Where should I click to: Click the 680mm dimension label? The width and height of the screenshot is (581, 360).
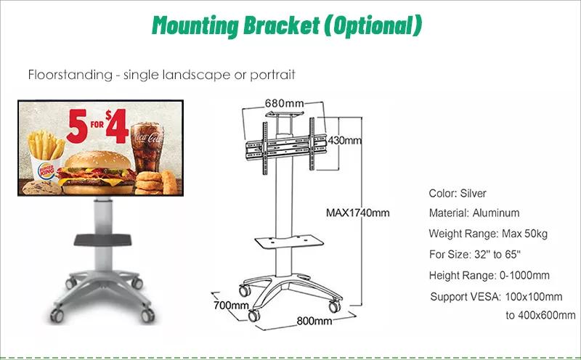coord(284,102)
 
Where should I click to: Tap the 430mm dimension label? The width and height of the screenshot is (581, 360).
coord(344,140)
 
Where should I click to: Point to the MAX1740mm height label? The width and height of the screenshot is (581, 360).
coord(357,213)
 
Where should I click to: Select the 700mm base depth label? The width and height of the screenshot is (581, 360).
coord(231,305)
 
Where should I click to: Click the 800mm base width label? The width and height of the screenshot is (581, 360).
coord(314,321)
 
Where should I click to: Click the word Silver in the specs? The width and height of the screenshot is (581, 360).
coord(473,193)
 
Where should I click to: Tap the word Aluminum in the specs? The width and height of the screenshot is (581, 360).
coord(496,213)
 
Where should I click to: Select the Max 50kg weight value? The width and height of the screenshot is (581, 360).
coord(524,234)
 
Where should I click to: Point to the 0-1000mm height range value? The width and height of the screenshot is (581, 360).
coord(524,276)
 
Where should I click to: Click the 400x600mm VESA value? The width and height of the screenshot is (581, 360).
coord(546,315)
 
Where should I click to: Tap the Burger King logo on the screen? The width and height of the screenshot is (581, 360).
coord(46,171)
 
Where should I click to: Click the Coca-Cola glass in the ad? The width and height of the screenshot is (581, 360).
coord(147,147)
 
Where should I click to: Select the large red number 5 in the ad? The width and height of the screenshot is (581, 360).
coord(78,126)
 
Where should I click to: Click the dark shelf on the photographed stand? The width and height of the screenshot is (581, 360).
coord(102,240)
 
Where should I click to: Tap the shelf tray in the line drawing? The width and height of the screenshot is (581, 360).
coord(289,242)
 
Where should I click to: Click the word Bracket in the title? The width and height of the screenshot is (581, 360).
coord(281,26)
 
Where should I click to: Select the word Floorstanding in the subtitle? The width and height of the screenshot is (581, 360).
coord(70,75)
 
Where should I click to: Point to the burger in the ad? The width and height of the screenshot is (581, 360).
coord(97,172)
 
